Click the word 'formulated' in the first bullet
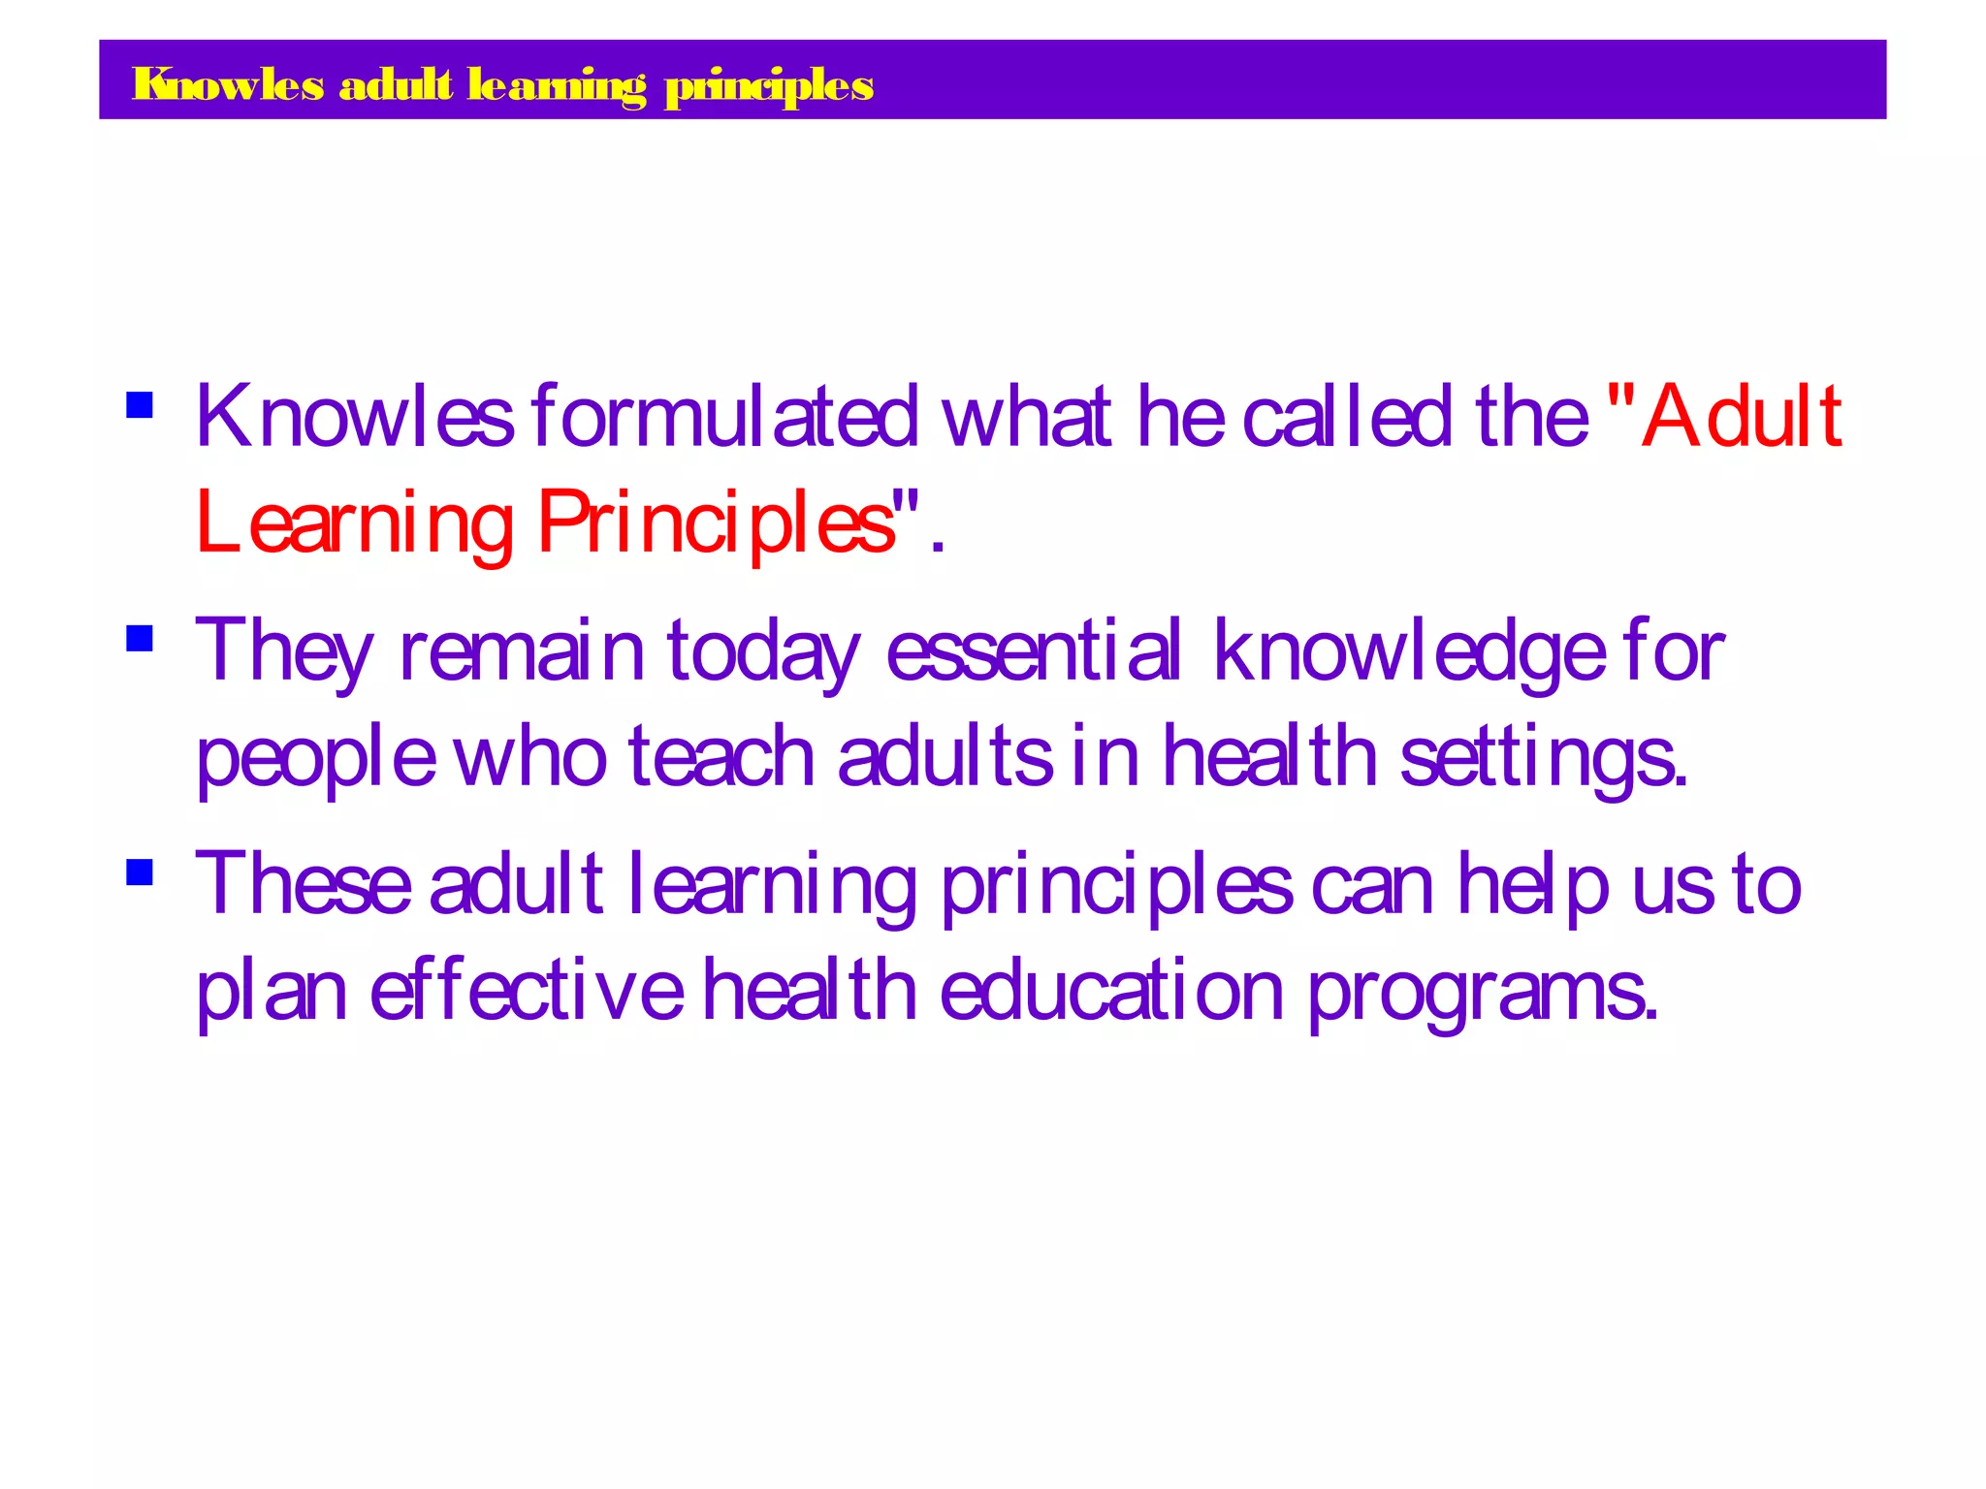tap(724, 417)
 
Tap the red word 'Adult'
tap(1742, 417)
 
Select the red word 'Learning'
tap(354, 523)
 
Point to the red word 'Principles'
tap(716, 523)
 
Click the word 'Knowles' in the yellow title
tap(228, 85)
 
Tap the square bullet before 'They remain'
tap(140, 638)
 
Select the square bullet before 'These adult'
tap(140, 872)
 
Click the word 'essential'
tap(1034, 649)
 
